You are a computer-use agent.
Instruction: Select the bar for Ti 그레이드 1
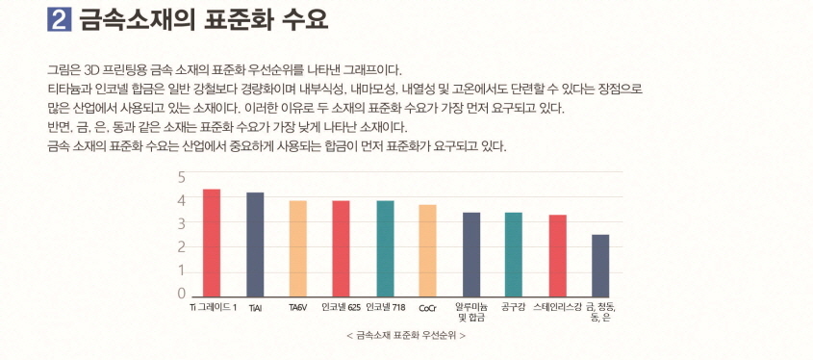[212, 242]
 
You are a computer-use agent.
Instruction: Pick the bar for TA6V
[298, 247]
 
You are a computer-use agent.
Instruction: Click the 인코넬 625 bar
[341, 247]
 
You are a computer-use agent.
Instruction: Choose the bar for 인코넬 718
[385, 247]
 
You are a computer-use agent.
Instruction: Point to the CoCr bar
[427, 249]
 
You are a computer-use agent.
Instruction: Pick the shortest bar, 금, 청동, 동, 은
[600, 264]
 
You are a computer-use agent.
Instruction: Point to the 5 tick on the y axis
[181, 177]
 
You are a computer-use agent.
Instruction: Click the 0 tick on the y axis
[181, 294]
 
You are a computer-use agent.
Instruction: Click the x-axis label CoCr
[427, 309]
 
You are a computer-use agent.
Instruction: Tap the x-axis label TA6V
[298, 309]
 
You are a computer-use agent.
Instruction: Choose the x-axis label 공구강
[514, 308]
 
